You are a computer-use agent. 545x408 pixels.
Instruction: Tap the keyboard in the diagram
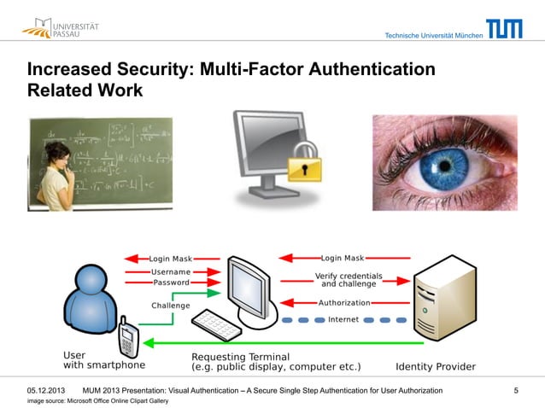tap(217, 323)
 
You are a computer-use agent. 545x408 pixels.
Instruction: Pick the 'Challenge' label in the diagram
tap(171, 305)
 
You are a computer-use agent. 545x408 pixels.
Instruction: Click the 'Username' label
tap(171, 271)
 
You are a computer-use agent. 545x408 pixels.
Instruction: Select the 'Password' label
tap(171, 282)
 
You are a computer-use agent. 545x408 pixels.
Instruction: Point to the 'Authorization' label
tap(344, 302)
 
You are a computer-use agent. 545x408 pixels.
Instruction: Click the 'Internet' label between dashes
tap(349, 320)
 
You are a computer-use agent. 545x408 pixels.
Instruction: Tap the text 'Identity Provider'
tap(436, 367)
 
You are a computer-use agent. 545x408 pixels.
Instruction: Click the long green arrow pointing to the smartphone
tap(282, 343)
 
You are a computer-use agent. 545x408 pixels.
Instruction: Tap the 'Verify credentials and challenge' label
tap(349, 280)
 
